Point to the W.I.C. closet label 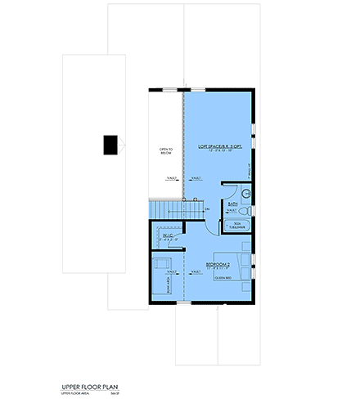pyautogui.click(x=167, y=235)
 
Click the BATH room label pyautogui.click(x=232, y=205)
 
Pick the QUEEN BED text pyautogui.click(x=223, y=278)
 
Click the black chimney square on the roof pyautogui.click(x=110, y=145)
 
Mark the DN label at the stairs pyautogui.click(x=207, y=210)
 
